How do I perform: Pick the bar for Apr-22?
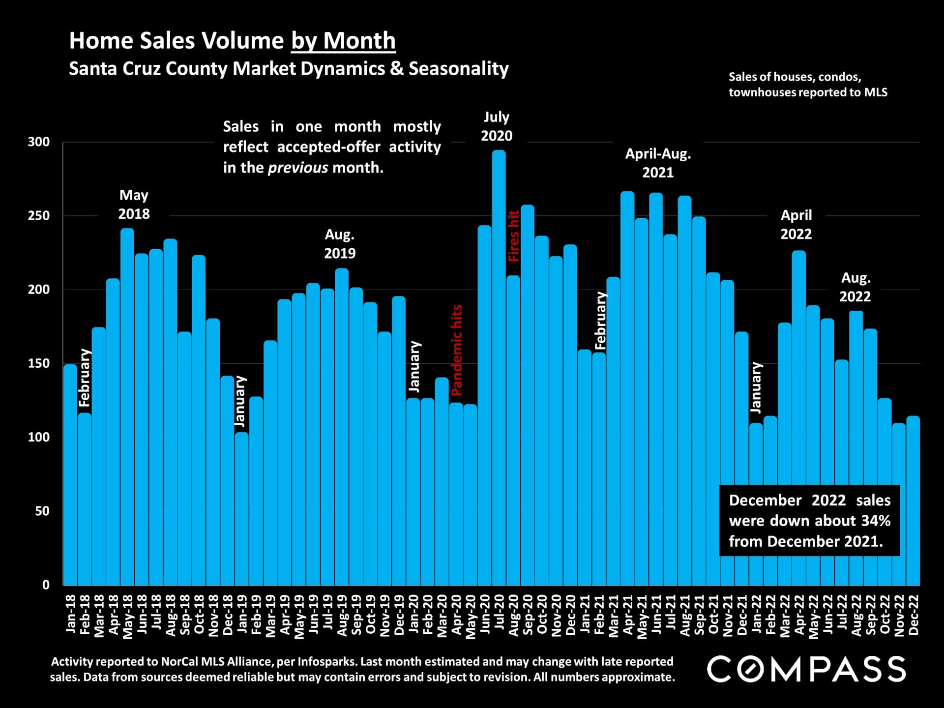[799, 418]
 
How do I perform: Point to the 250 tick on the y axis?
[39, 216]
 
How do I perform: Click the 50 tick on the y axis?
[42, 511]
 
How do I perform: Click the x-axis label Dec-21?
[742, 615]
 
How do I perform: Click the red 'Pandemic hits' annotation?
[457, 350]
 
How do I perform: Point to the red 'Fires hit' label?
[513, 236]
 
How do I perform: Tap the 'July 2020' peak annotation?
[497, 126]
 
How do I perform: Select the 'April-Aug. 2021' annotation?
[658, 163]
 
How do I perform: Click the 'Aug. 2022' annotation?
[855, 287]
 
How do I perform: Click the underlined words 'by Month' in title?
[343, 41]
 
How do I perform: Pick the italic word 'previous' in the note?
[297, 168]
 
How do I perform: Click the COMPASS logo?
[806, 669]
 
